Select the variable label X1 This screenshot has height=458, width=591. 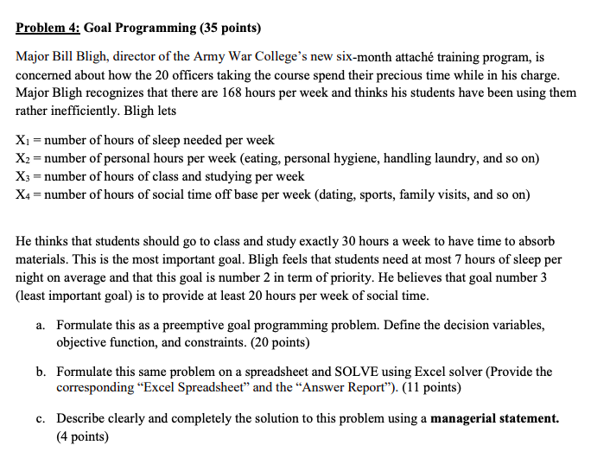pyautogui.click(x=23, y=139)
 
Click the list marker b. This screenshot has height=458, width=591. pyautogui.click(x=41, y=372)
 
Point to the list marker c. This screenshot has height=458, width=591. pyautogui.click(x=41, y=418)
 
